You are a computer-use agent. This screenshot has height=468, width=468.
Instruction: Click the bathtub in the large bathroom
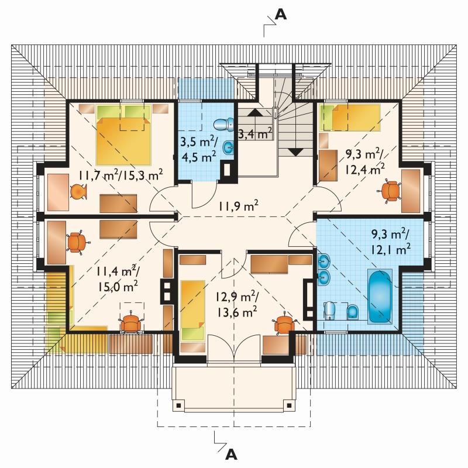(x=379, y=297)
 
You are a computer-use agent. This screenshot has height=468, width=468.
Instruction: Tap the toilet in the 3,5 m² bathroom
(x=225, y=125)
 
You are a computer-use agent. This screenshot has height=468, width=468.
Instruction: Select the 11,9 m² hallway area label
(x=238, y=206)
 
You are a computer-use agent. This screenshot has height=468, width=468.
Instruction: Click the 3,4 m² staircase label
(x=256, y=133)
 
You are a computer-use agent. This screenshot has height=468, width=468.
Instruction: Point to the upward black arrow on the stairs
(x=255, y=112)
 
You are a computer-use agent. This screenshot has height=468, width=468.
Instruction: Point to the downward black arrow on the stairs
(x=295, y=152)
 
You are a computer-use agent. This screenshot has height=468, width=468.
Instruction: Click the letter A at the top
(x=281, y=14)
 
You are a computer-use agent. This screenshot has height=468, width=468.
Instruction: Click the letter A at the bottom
(x=231, y=455)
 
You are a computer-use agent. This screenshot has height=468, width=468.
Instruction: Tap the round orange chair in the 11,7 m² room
(x=79, y=191)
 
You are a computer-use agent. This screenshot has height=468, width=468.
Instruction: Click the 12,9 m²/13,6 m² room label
(x=237, y=305)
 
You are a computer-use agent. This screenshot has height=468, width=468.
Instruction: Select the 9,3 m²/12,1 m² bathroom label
(x=391, y=242)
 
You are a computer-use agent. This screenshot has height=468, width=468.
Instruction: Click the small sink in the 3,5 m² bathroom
(x=229, y=147)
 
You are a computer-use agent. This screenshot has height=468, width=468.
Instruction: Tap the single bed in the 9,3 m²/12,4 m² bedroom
(x=350, y=118)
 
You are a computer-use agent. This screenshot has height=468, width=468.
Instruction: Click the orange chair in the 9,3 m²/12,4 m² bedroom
(x=390, y=191)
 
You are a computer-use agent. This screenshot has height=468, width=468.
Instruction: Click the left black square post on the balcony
(x=178, y=405)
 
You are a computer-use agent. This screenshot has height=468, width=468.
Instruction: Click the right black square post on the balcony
(x=289, y=405)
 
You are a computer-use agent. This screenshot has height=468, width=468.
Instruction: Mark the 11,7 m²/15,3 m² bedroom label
(x=121, y=175)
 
